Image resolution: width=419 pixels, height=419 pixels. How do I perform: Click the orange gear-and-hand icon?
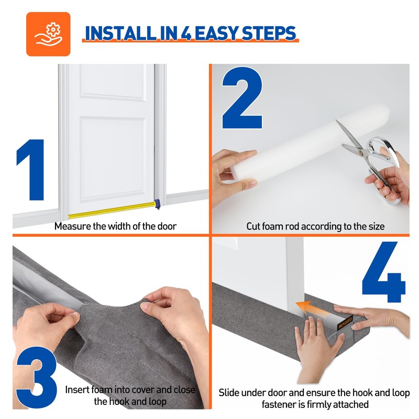click(48, 34)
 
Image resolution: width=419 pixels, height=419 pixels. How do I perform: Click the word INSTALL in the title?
click(121, 34)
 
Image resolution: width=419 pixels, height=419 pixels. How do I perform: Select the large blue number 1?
click(31, 169)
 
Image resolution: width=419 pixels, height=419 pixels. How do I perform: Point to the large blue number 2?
click(242, 98)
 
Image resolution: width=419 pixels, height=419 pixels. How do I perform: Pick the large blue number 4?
click(384, 272)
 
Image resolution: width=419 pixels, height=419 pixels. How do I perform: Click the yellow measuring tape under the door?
click(112, 211)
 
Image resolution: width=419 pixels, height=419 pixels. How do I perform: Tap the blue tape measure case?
click(158, 204)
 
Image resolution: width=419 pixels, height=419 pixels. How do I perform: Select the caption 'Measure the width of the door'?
click(115, 226)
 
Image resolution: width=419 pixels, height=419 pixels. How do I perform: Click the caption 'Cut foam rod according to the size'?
click(315, 226)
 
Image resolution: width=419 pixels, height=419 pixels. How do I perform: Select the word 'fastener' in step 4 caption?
click(279, 404)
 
